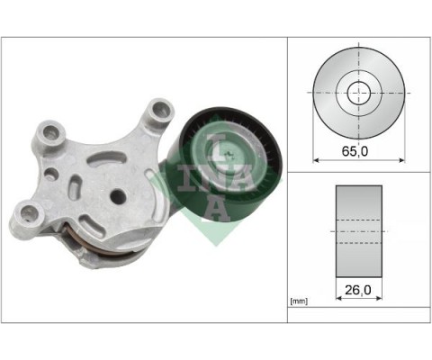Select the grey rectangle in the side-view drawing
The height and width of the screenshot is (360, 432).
(358, 230)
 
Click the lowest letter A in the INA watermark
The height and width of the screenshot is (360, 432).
(213, 202)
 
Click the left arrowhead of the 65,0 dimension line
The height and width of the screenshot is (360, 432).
(315, 161)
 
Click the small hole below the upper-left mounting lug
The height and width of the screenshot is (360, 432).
(50, 170)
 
